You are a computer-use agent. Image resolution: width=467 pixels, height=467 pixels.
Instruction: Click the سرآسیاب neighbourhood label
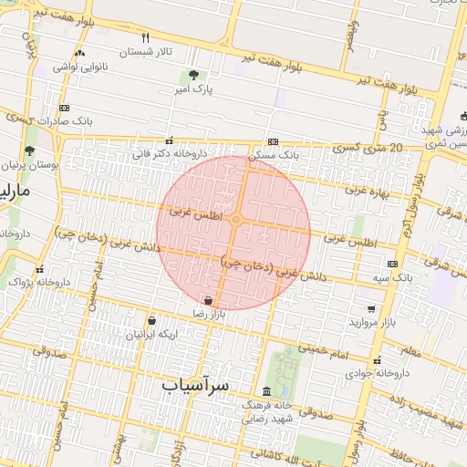(x=195, y=386)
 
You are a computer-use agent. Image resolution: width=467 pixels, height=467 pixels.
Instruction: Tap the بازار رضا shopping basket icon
(x=209, y=299)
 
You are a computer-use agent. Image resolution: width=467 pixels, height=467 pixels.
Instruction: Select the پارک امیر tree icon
(x=192, y=76)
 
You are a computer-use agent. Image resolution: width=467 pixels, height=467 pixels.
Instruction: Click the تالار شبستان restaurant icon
(x=145, y=37)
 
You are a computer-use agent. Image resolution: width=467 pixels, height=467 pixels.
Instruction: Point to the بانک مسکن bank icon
(x=274, y=143)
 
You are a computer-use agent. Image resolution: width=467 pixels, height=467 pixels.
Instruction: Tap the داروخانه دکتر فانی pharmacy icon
(x=169, y=141)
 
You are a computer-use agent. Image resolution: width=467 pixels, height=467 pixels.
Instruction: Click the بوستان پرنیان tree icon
(x=30, y=151)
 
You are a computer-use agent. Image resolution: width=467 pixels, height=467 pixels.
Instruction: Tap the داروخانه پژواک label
(x=35, y=283)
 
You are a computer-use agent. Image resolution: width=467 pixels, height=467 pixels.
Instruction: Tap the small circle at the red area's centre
(x=235, y=221)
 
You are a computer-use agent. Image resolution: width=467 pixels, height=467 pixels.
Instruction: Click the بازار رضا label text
(x=208, y=313)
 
